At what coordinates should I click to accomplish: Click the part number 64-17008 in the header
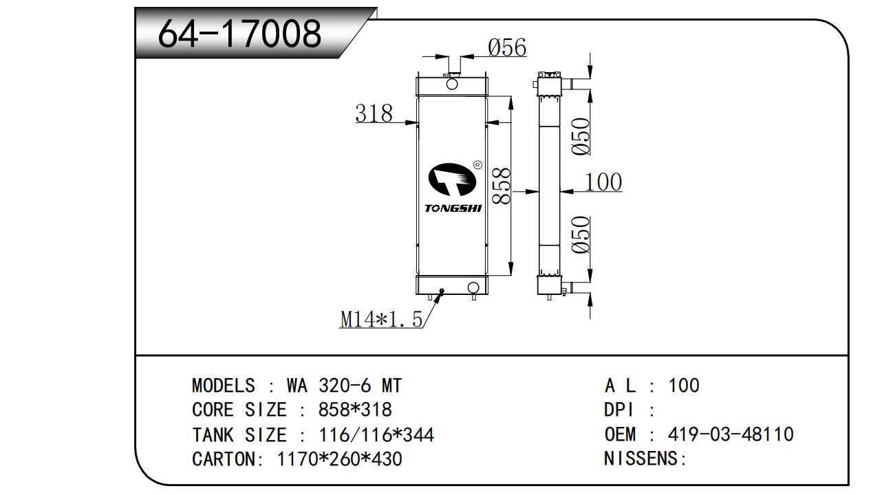tap(239, 33)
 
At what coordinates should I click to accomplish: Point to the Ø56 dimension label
tap(507, 47)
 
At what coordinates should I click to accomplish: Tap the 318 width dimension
tap(374, 113)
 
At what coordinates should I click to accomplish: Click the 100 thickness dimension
tap(603, 182)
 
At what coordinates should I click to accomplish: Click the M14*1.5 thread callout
tap(380, 319)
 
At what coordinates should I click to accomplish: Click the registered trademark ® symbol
tap(477, 166)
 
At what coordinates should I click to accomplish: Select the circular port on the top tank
tap(452, 84)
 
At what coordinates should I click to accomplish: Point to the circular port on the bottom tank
tap(473, 287)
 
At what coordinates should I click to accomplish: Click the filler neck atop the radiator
tap(452, 69)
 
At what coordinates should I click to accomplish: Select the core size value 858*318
tap(354, 410)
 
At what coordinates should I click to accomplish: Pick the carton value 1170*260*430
tap(339, 459)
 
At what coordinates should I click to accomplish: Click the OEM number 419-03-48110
tap(731, 434)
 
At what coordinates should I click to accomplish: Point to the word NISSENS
tap(641, 459)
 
